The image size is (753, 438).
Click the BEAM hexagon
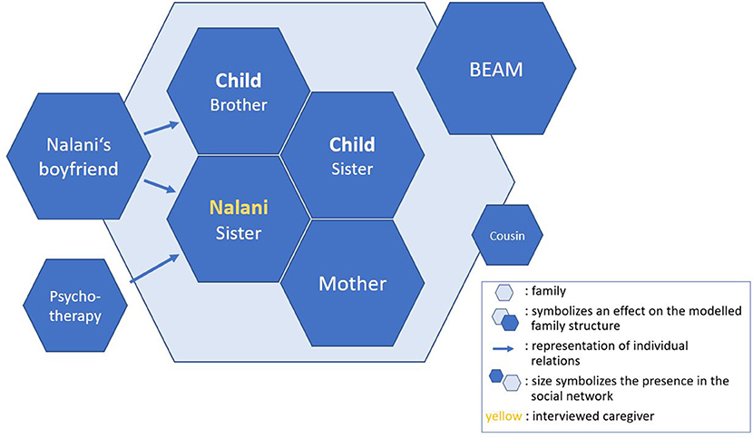point(496,69)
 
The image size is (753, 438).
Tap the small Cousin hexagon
point(507,236)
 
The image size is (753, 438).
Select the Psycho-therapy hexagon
point(75,306)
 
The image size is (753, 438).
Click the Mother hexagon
point(353,283)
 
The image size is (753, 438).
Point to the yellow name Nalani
point(239,208)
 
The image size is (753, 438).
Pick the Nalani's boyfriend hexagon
point(78,157)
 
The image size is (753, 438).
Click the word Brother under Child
point(239,105)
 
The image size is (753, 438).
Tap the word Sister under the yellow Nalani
point(239,233)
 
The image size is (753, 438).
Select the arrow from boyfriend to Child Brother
point(161,128)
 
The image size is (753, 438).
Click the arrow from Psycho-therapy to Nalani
point(154,268)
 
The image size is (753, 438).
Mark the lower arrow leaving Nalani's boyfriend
point(160,186)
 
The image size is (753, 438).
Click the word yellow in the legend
point(504,416)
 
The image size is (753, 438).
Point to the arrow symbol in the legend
point(504,349)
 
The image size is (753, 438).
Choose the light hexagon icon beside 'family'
point(504,292)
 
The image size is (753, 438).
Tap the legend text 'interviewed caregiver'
point(593,416)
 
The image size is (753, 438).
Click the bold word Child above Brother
point(239,80)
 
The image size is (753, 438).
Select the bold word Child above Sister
point(352,144)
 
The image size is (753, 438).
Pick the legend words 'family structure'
point(575,326)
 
